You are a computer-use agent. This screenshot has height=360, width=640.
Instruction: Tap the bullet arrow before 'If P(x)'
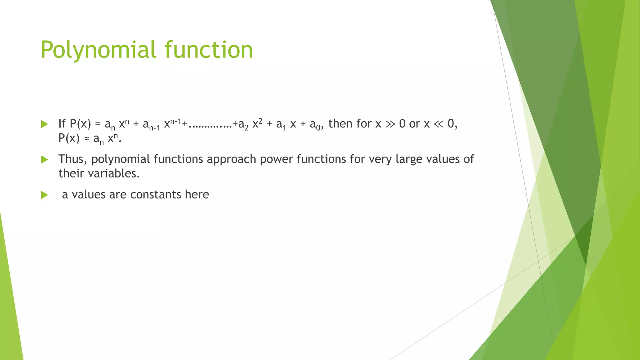[44, 124]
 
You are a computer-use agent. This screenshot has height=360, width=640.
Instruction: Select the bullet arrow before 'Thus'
[44, 160]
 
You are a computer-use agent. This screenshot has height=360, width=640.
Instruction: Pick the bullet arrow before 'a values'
[44, 195]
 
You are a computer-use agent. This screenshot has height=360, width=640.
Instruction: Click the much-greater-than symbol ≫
[390, 124]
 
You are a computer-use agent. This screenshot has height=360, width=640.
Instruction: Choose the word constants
[156, 195]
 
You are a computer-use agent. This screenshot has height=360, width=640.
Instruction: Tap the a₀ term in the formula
[315, 125]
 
